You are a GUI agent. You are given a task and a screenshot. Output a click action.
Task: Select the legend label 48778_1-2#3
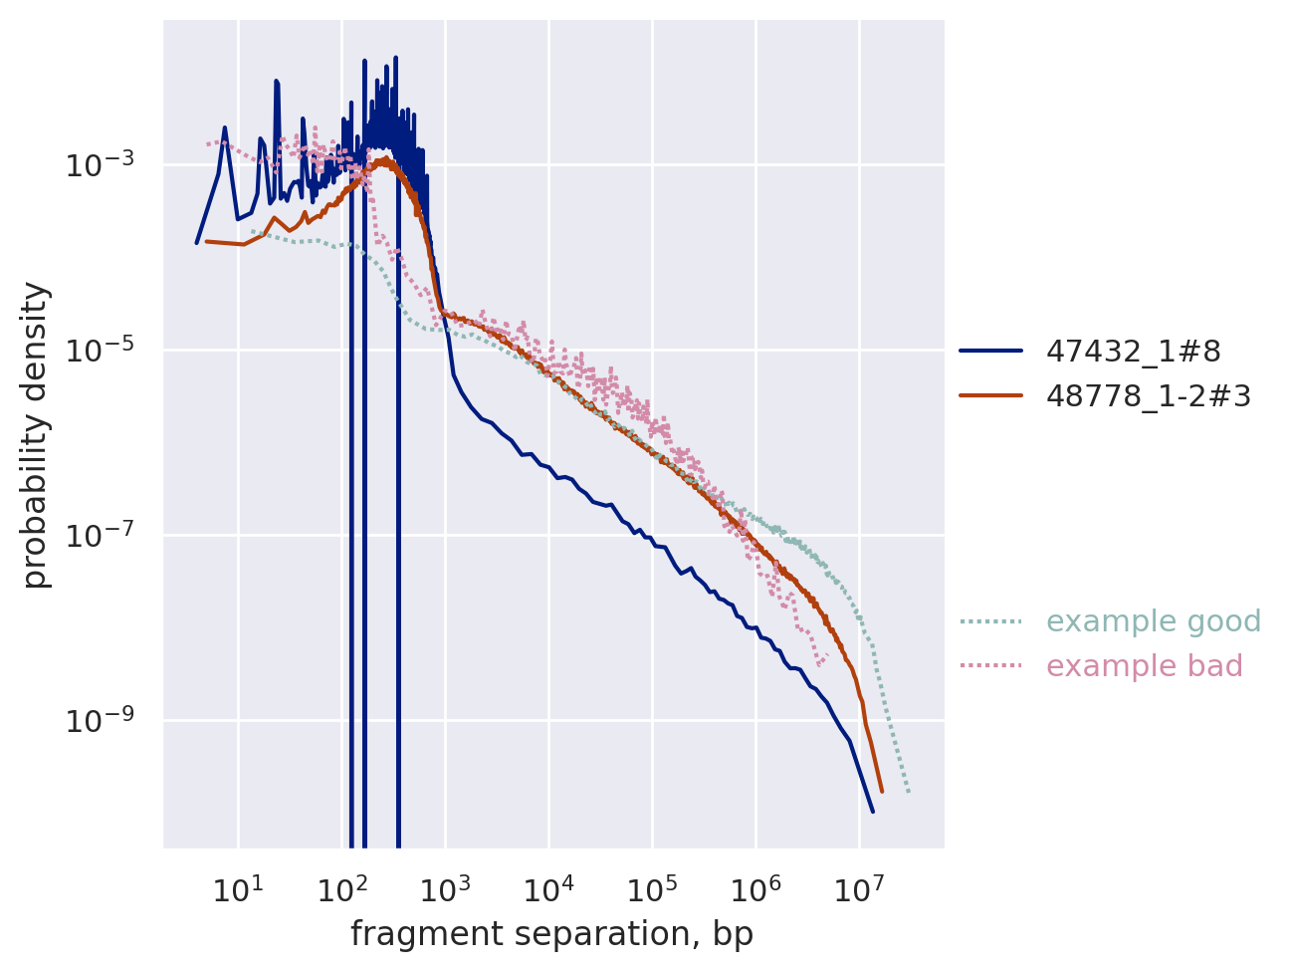tap(1148, 395)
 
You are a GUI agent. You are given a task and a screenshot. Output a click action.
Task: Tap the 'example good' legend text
tap(1154, 621)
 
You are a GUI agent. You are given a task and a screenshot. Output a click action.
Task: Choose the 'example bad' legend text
tap(1145, 666)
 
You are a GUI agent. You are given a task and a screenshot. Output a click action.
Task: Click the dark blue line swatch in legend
tap(990, 351)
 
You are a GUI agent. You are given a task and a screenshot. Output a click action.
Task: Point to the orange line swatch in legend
tap(990, 395)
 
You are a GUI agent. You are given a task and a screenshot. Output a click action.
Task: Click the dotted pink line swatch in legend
tap(990, 666)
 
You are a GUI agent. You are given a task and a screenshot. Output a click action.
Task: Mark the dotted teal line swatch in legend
tap(990, 621)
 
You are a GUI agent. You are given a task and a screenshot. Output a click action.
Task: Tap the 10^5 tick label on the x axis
tap(652, 887)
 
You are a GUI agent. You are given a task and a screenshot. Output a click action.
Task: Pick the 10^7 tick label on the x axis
tap(859, 887)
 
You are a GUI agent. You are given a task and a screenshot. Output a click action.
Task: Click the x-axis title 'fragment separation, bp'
tap(551, 934)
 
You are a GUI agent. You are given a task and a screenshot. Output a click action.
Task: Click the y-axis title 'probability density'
tap(36, 435)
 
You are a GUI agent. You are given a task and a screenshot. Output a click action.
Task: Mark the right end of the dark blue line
tap(873, 812)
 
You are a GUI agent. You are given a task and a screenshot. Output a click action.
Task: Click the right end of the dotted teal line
tap(909, 793)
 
